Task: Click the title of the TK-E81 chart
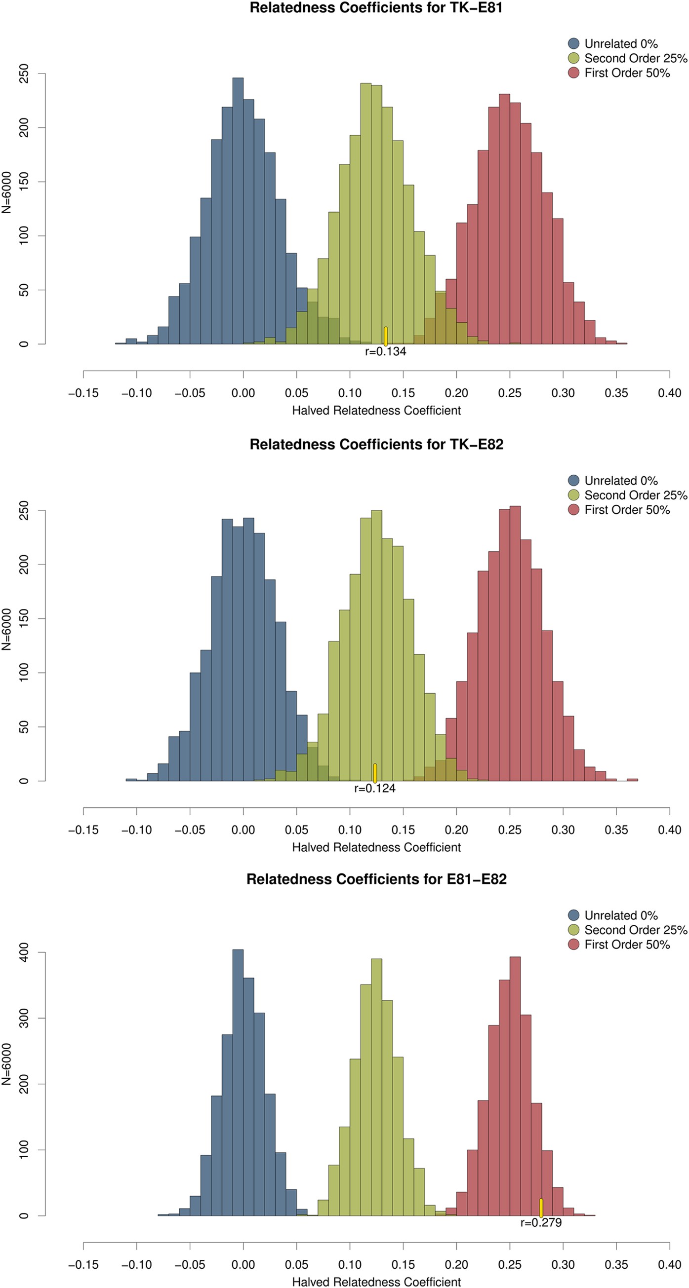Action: [x=376, y=8]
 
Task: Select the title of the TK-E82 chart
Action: [x=376, y=445]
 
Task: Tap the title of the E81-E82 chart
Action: [x=376, y=879]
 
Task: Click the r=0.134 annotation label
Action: [x=385, y=351]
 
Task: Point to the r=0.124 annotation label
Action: [x=375, y=789]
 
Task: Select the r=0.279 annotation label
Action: [x=541, y=1222]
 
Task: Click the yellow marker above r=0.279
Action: [x=541, y=1208]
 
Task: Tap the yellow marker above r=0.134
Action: [x=385, y=336]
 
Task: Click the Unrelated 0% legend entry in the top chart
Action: [x=620, y=44]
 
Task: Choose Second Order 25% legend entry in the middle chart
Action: [x=636, y=495]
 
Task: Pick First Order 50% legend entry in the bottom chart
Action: [x=626, y=945]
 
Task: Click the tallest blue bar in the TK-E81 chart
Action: [x=238, y=210]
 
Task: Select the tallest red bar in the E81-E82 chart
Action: [x=515, y=1085]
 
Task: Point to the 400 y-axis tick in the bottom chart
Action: [x=24, y=952]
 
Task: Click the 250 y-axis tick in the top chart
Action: [x=24, y=74]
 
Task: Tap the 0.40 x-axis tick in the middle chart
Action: [x=669, y=830]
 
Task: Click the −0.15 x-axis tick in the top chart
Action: [x=83, y=393]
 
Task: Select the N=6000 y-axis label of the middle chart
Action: [x=6, y=629]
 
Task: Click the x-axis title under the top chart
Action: [x=376, y=411]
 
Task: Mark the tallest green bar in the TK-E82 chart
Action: [x=376, y=645]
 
